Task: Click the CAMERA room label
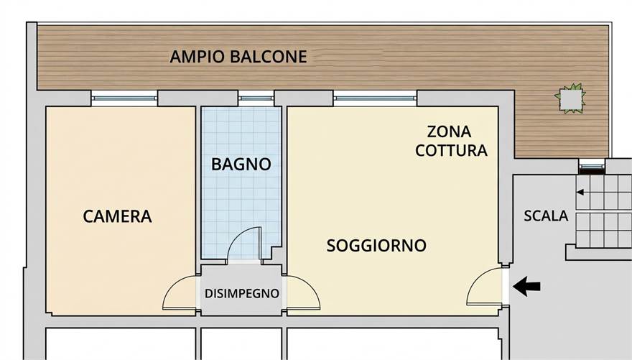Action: click(x=117, y=216)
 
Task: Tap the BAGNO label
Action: click(x=241, y=165)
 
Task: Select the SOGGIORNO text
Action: click(x=376, y=246)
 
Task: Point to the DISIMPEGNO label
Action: click(x=242, y=293)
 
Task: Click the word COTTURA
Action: click(x=452, y=151)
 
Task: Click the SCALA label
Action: click(x=546, y=216)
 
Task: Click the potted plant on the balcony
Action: click(x=570, y=98)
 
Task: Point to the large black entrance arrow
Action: click(x=526, y=286)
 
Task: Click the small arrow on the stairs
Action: click(x=580, y=193)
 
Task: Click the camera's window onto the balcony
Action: click(x=124, y=98)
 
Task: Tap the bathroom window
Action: click(x=256, y=98)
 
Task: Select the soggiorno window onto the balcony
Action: click(x=375, y=98)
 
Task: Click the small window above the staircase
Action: click(x=592, y=166)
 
